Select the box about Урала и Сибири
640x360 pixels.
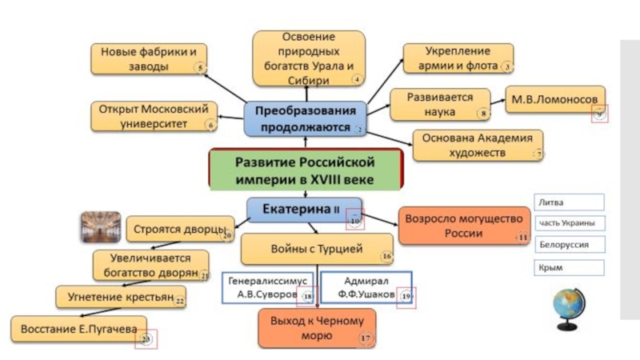click(x=309, y=58)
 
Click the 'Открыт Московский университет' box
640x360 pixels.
click(x=154, y=116)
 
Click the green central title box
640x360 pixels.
click(x=304, y=170)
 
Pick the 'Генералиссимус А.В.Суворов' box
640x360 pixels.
click(x=269, y=288)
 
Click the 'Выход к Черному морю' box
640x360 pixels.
click(x=318, y=329)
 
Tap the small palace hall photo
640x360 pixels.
click(x=101, y=227)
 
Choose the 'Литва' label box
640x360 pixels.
click(x=569, y=202)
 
